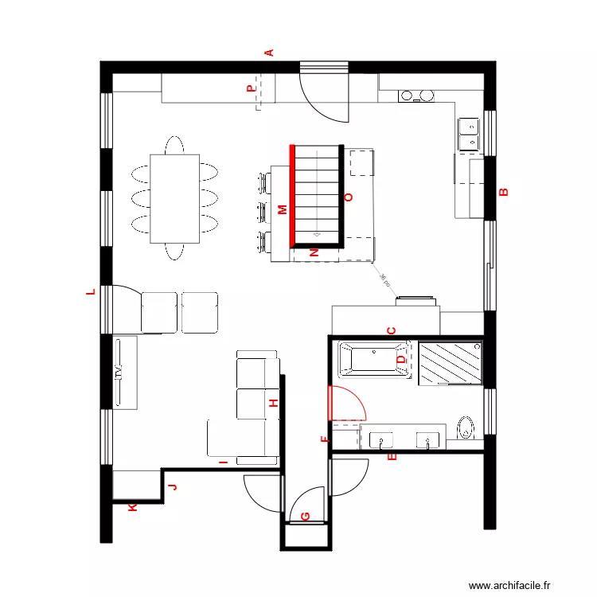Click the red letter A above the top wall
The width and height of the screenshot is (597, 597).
pos(269,53)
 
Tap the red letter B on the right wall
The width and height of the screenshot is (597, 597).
pos(502,192)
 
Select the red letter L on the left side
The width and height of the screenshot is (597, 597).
pos(91,292)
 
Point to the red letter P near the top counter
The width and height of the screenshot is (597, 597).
pos(252,89)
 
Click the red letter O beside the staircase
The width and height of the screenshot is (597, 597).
pos(347,197)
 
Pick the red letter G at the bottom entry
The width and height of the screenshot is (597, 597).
pos(306,516)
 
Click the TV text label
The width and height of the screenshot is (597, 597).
pos(119,373)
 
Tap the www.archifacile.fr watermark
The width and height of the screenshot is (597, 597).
pos(509,585)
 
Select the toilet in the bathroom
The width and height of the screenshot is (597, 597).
pos(466,428)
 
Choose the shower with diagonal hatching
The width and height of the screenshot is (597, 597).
pos(451,362)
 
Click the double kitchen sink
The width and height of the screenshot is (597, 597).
pos(469,134)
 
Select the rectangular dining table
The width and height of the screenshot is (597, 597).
pos(174,198)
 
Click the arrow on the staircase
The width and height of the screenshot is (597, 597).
pos(317,234)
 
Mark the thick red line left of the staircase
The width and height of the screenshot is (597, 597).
pos(292,195)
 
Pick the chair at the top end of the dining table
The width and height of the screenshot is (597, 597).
pos(174,146)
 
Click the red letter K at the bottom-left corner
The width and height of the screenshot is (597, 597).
pos(132,506)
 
